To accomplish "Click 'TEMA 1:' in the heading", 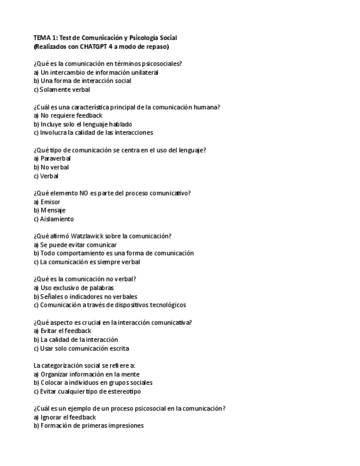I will (46, 37).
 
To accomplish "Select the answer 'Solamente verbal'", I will (62, 90).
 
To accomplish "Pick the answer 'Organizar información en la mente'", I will (87, 374).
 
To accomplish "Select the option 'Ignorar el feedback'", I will (66, 417).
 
